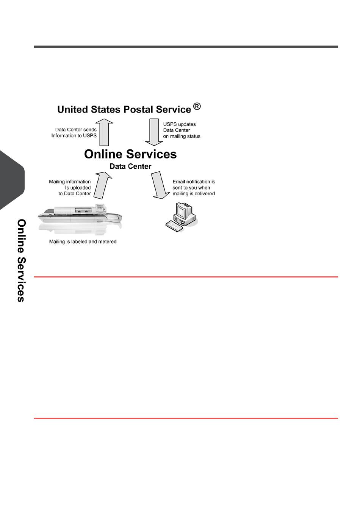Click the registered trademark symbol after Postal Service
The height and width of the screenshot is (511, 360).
tap(197, 107)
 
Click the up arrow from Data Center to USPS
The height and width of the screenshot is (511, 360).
tap(104, 132)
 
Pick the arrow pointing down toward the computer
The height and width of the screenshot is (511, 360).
tap(160, 185)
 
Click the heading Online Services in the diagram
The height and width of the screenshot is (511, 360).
tap(130, 154)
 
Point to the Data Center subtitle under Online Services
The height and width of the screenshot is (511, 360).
tap(130, 166)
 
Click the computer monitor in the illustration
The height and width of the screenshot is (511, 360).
tap(184, 210)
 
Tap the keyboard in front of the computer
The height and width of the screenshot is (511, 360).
tap(174, 226)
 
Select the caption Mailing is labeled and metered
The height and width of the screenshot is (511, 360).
tap(83, 242)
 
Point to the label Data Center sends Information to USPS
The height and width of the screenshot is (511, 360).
tap(75, 133)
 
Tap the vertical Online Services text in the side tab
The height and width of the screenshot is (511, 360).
tap(21, 260)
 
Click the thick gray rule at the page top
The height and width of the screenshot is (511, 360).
tap(186, 47)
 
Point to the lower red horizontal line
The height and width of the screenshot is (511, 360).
tap(186, 418)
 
